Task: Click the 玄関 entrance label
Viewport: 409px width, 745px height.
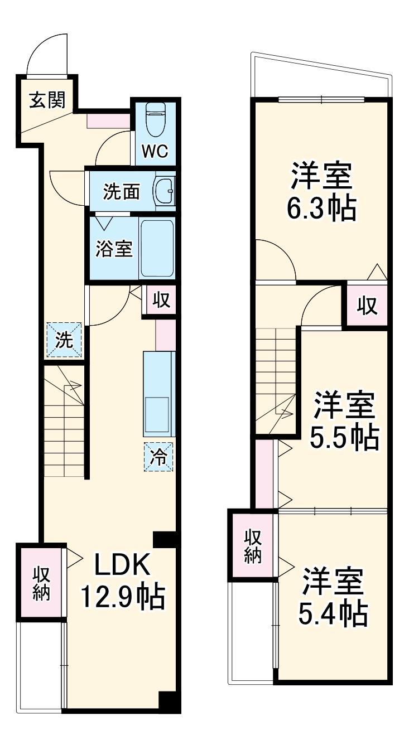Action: point(47,100)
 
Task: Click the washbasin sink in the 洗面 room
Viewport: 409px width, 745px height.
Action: point(164,192)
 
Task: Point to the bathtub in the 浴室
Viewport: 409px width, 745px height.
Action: point(157,248)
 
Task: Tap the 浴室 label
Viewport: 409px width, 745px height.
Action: point(114,249)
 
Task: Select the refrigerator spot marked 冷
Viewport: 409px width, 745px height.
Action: point(159,457)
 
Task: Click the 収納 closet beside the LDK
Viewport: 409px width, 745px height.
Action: point(41,583)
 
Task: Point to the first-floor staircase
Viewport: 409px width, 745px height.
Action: point(64,421)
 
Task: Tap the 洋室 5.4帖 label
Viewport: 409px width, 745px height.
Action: point(334,597)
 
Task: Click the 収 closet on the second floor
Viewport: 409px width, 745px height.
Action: point(367,306)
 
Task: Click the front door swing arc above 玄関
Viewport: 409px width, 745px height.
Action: point(47,53)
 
